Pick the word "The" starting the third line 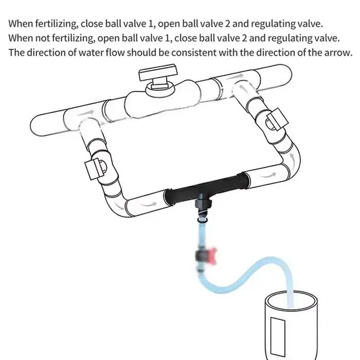(x=16, y=52)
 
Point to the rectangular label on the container (x=278, y=336)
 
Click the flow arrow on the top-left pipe (x=86, y=113)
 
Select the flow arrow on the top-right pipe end (x=235, y=77)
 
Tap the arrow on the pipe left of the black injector (x=148, y=204)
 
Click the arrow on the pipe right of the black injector (x=268, y=175)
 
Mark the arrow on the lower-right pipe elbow (x=292, y=159)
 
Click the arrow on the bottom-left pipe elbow (x=119, y=206)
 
